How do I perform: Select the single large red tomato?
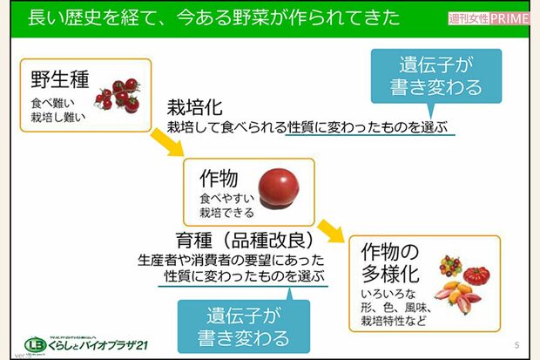pyautogui.click(x=279, y=184)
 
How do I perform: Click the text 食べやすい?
pyautogui.click(x=226, y=199)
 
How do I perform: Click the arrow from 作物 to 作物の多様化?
pyautogui.click(x=328, y=232)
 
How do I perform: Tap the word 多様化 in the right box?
pyautogui.click(x=391, y=273)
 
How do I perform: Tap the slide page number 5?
pyautogui.click(x=516, y=343)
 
